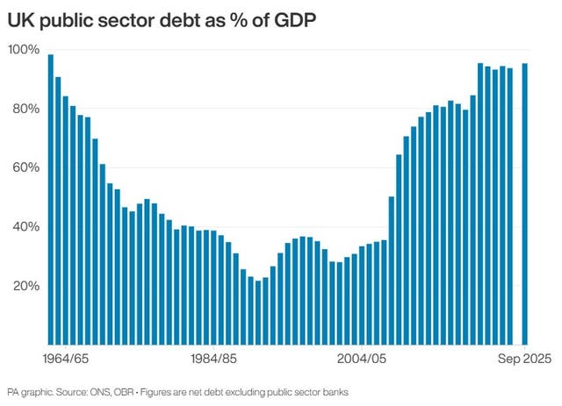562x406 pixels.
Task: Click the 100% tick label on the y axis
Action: tap(24, 49)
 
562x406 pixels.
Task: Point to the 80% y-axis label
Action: tap(25, 109)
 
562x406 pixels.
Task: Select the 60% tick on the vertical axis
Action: tap(25, 167)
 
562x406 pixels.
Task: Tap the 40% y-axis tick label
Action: tap(25, 226)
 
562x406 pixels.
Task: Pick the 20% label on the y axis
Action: tap(25, 286)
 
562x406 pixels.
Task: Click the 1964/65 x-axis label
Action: tap(66, 359)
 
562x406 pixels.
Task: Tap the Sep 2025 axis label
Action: tap(525, 359)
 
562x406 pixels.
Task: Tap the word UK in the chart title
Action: tap(20, 18)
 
